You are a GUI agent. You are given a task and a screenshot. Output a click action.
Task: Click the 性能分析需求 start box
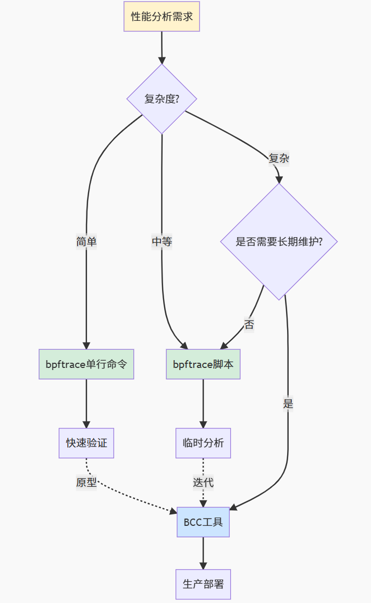coord(162,16)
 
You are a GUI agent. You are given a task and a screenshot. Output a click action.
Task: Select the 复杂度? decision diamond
coord(162,99)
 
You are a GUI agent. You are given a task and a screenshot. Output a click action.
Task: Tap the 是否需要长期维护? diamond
coord(279,242)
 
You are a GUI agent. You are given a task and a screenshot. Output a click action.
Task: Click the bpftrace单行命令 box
coord(86,364)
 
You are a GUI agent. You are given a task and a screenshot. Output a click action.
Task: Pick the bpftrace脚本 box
coord(203,364)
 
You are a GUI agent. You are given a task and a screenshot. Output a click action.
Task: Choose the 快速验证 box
coord(86,443)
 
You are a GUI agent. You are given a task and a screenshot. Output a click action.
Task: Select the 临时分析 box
coord(203,443)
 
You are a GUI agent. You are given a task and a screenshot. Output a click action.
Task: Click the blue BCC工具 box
coord(203,522)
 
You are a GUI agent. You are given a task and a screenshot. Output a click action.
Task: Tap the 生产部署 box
coord(203,584)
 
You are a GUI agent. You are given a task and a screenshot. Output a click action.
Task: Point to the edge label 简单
coord(86,242)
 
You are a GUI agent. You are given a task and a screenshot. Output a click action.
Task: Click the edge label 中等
coord(162,242)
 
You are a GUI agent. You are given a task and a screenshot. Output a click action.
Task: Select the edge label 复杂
coord(279,158)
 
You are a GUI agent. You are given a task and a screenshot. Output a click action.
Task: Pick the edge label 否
coord(249,325)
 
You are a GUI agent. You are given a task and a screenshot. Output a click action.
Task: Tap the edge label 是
coord(288,403)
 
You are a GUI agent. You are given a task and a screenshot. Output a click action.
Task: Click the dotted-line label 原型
coord(86,483)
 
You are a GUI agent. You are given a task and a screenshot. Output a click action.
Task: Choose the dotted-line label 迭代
coord(203,483)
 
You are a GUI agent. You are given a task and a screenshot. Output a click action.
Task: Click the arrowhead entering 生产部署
coord(203,565)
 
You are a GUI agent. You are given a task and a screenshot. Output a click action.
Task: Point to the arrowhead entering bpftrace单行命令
coord(86,345)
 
